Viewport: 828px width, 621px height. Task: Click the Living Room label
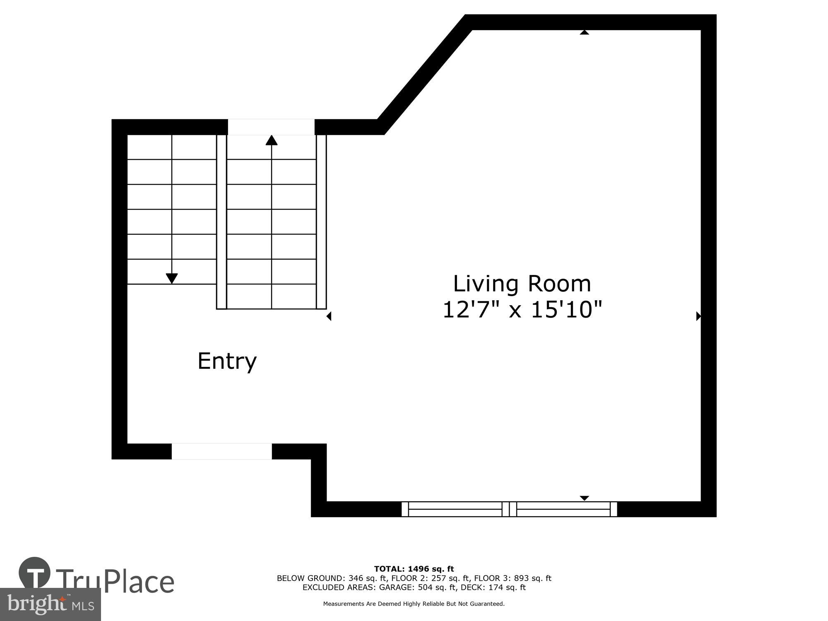point(522,284)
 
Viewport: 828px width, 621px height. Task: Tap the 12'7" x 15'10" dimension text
point(522,310)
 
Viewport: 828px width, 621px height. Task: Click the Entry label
point(227,361)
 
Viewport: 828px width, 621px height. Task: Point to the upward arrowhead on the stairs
point(272,140)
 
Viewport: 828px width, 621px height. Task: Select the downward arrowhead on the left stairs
point(172,279)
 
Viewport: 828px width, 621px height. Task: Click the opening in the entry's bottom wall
point(221,451)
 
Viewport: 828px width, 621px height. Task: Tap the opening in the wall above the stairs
point(271,127)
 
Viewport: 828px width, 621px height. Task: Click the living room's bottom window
point(509,509)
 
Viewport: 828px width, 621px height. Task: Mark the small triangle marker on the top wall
point(584,32)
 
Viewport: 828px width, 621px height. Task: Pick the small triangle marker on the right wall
point(698,316)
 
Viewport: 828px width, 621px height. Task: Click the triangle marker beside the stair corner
point(329,316)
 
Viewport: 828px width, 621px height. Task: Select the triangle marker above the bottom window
point(584,498)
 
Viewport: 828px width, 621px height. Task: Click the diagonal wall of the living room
point(424,75)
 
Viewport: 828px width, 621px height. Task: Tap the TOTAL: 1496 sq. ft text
point(414,569)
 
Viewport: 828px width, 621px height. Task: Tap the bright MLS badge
point(50,605)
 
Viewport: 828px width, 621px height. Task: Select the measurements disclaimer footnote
point(414,604)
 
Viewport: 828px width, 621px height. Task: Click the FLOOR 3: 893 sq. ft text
point(513,578)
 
